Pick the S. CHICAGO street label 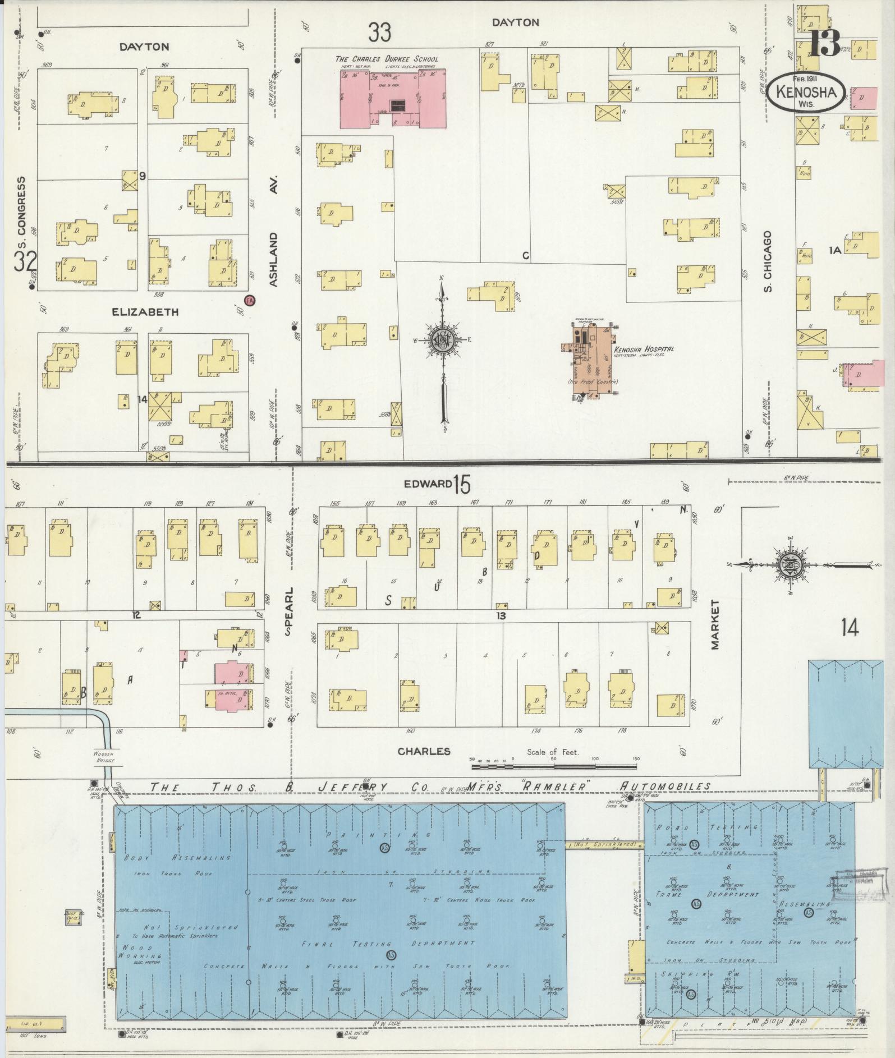[768, 261]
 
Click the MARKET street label [715, 625]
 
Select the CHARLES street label [424, 751]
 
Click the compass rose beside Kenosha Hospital [443, 341]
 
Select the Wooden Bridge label [104, 757]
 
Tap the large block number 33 [379, 33]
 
